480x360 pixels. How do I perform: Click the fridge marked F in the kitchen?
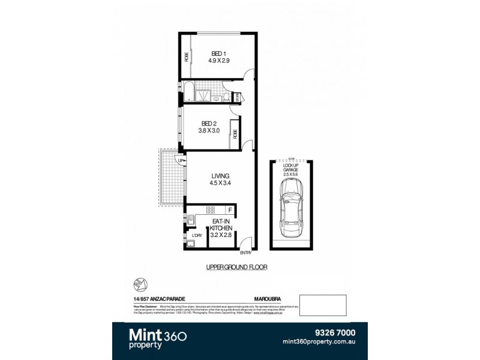230,210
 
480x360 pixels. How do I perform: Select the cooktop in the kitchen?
211,210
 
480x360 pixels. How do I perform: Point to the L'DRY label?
196,235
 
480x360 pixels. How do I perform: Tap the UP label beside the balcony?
180,160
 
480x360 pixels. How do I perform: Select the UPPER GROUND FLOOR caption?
238,266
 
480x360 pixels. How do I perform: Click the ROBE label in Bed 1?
187,58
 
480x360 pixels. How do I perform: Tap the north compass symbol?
139,283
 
